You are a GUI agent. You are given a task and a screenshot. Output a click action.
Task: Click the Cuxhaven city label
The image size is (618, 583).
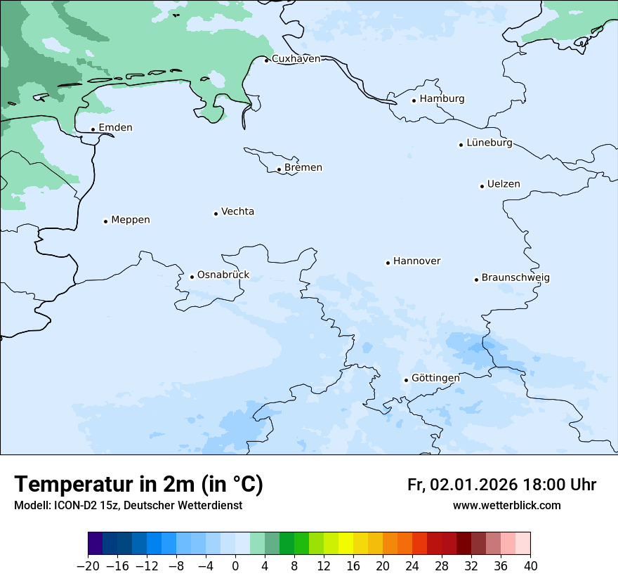tap(296, 59)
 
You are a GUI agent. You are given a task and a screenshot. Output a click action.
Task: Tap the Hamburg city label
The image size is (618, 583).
tap(442, 99)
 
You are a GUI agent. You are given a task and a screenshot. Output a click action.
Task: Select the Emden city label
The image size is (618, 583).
tap(115, 128)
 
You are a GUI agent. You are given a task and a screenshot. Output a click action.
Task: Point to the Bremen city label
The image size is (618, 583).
tap(303, 168)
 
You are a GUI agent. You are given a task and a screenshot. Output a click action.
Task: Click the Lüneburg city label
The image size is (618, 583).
tap(489, 143)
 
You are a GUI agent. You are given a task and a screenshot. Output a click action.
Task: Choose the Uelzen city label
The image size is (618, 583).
tap(504, 185)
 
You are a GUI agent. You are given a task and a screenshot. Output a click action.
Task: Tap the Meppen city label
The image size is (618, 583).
tap(131, 220)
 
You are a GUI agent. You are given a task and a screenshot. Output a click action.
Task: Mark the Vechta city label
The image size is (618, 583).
tap(237, 212)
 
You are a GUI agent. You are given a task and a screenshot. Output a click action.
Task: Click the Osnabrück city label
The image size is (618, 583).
tap(223, 275)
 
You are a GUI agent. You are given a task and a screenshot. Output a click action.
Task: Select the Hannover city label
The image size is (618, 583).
tap(416, 261)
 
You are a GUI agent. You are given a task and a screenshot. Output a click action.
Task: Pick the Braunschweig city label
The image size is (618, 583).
tap(515, 278)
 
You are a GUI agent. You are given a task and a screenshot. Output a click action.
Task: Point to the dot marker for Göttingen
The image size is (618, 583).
tap(406, 380)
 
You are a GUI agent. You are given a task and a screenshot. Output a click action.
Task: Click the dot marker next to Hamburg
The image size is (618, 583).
tap(414, 100)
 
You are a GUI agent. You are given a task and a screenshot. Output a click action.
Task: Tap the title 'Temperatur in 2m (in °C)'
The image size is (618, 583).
tap(139, 485)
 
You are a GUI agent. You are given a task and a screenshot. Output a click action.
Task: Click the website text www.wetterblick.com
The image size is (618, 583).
tap(506, 506)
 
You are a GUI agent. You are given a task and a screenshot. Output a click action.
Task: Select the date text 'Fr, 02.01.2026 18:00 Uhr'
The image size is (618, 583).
tap(501, 485)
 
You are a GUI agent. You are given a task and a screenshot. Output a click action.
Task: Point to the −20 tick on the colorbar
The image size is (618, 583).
tap(88, 566)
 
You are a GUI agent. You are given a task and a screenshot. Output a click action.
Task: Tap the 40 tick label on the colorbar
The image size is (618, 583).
tap(530, 566)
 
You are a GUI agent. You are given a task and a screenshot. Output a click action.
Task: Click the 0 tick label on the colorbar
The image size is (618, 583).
tap(235, 566)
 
